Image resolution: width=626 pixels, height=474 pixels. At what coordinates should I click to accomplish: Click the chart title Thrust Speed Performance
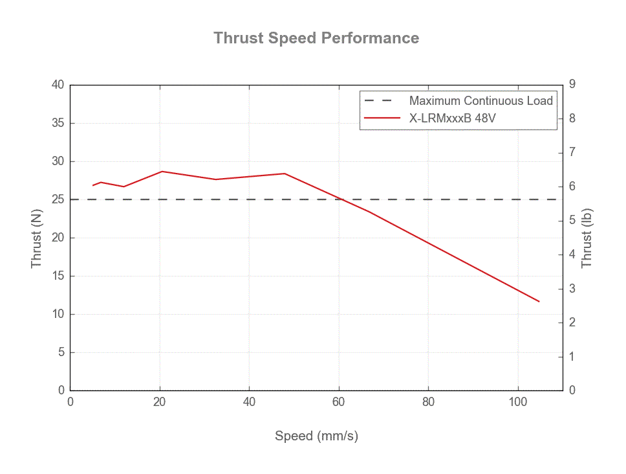(x=316, y=38)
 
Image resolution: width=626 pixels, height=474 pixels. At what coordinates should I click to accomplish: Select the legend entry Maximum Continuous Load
(x=480, y=101)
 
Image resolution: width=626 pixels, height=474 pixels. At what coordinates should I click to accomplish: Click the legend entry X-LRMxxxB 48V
(x=452, y=119)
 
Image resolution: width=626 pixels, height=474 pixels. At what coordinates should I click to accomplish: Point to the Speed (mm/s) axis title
(x=316, y=436)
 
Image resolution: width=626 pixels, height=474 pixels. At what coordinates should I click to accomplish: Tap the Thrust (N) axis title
(x=36, y=238)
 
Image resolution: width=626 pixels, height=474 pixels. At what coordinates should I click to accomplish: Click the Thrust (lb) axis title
(x=587, y=238)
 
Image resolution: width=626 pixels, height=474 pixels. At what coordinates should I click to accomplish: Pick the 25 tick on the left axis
(x=59, y=199)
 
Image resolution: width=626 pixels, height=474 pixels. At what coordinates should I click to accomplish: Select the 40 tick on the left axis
(x=59, y=85)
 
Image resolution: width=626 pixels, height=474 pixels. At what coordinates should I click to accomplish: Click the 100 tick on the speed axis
(x=517, y=401)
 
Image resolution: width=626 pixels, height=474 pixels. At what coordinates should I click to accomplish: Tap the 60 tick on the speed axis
(x=339, y=401)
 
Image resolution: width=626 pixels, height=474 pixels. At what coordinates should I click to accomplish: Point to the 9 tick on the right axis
(x=572, y=84)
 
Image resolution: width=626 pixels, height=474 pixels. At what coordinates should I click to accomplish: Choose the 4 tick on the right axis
(x=572, y=254)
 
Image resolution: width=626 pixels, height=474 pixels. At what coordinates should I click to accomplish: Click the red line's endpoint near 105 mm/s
(x=539, y=301)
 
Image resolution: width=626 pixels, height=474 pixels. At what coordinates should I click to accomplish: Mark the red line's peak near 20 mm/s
(x=162, y=172)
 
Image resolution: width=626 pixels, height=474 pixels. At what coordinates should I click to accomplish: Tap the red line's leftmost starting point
(x=92, y=185)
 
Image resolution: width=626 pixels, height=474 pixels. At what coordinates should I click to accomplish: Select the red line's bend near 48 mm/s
(x=285, y=174)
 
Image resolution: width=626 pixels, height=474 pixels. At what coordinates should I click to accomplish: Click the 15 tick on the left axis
(x=59, y=276)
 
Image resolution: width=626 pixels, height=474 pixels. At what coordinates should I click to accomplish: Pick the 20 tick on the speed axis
(x=160, y=401)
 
